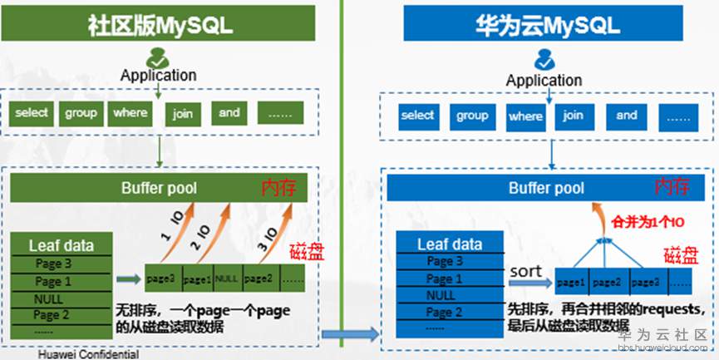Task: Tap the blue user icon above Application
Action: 544,60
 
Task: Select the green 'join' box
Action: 183,113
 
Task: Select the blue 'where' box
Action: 525,116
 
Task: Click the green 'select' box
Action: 32,112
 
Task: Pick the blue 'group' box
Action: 472,116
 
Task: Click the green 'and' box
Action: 229,112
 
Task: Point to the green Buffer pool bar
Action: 159,188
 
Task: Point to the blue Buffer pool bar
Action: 544,189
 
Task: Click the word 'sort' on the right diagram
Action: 525,272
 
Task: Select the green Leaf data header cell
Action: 61,245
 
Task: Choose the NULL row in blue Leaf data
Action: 439,295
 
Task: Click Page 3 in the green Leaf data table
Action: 53,264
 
